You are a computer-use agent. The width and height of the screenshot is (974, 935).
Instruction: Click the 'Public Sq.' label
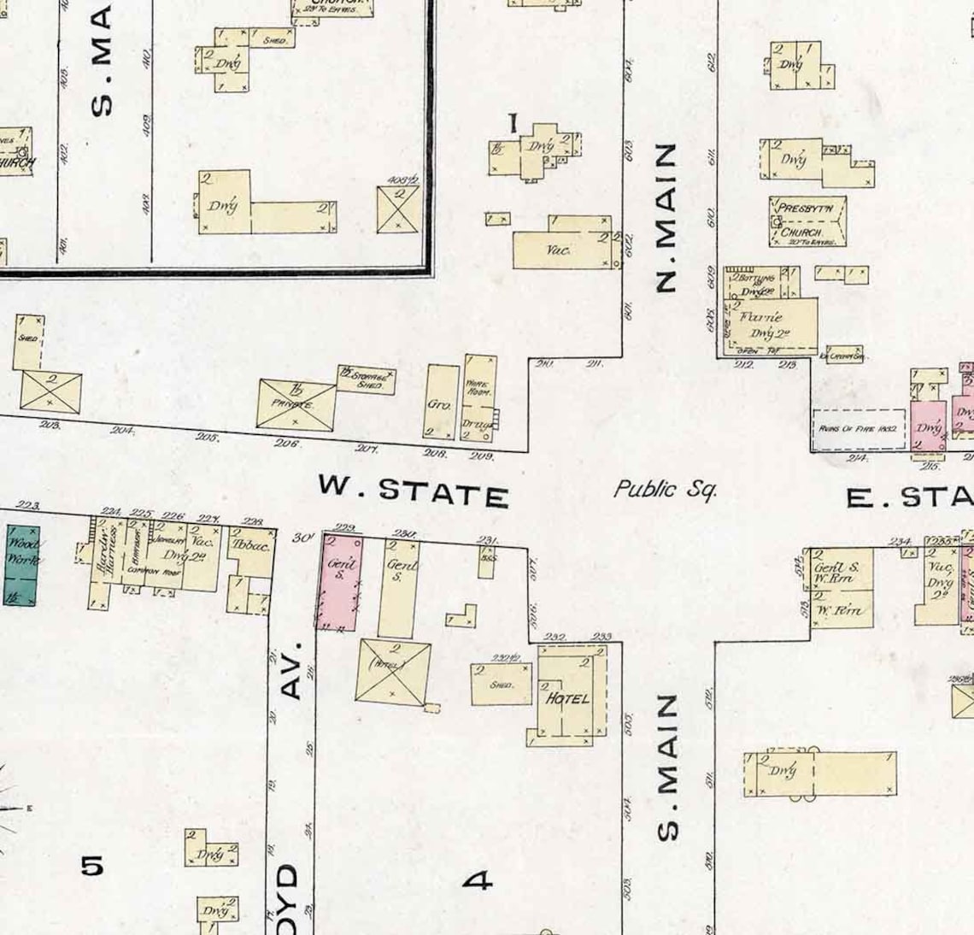point(665,489)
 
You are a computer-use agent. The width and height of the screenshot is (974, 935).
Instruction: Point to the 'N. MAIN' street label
point(666,218)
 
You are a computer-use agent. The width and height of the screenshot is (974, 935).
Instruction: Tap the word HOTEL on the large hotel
point(567,698)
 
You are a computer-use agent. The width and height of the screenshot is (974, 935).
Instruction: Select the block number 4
point(478,879)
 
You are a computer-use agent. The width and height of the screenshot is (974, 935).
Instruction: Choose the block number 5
point(92,866)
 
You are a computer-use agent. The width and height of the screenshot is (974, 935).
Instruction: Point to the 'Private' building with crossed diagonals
point(296,403)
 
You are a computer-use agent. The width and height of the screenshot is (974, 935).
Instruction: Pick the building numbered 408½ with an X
point(398,209)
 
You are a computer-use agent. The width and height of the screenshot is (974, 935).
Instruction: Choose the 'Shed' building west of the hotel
point(502,684)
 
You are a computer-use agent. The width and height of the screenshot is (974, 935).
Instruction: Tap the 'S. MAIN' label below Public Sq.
point(668,767)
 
